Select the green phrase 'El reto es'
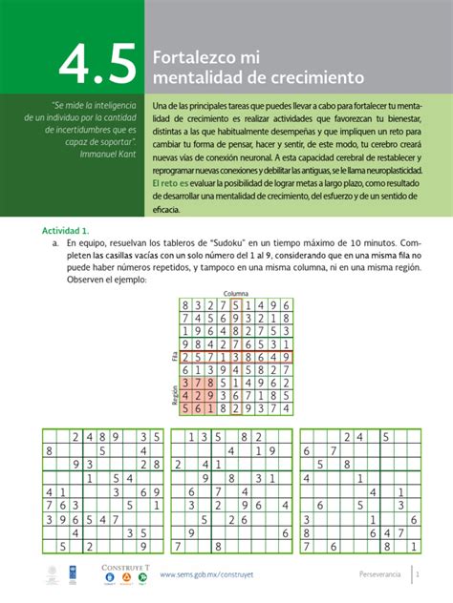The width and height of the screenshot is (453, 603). coord(174,181)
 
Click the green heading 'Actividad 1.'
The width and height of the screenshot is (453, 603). coord(66,231)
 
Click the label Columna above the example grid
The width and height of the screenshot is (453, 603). coord(235,293)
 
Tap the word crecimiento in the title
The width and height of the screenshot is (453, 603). coord(307,75)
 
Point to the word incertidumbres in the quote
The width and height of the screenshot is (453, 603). coord(78,129)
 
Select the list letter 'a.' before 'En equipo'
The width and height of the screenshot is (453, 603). coord(56,244)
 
